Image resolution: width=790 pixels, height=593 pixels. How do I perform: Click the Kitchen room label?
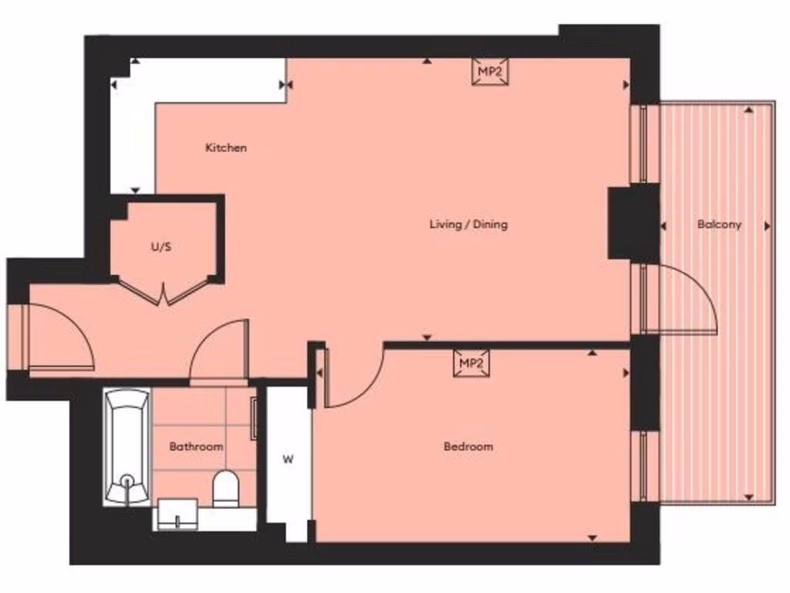point(225,147)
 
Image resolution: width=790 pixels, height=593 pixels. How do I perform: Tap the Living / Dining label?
point(468,225)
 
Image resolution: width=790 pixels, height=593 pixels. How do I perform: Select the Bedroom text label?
point(468,446)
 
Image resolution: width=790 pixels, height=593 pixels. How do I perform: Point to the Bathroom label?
point(196,446)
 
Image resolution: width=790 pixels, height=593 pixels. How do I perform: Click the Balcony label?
point(719,225)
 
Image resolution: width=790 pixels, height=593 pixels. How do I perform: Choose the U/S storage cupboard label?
point(161,248)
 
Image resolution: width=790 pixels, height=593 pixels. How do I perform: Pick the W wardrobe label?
point(288,459)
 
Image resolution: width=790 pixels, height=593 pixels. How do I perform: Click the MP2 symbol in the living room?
point(491,72)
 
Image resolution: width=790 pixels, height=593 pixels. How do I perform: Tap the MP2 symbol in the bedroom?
point(471,363)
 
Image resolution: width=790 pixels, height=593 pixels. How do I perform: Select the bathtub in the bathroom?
point(127,447)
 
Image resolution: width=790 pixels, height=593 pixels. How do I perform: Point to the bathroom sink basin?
point(177,513)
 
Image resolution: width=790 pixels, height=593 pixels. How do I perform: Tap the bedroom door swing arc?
point(355,378)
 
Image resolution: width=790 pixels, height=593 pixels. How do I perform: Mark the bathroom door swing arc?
point(220,351)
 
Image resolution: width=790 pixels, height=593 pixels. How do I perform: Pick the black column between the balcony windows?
point(633,223)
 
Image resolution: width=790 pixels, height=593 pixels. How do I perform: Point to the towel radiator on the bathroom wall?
point(253,419)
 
